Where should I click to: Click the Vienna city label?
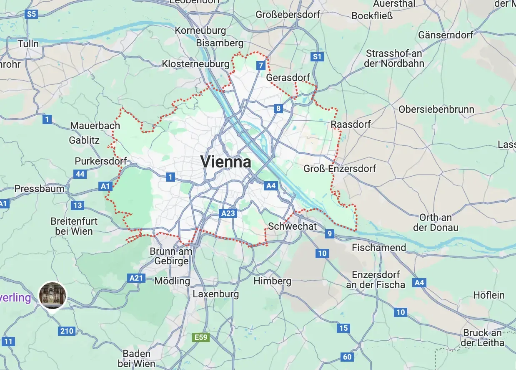coord(226,162)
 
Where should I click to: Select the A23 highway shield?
coord(228,213)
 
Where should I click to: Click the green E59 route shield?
coord(201,337)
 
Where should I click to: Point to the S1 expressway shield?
coord(318,57)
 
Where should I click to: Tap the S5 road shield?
coord(31,14)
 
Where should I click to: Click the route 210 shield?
coord(67,331)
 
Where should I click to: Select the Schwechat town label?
coord(293,226)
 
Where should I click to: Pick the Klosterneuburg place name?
coord(195,64)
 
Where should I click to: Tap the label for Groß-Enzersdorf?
coord(340,168)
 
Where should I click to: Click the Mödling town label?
coord(172,281)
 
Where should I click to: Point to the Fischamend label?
coord(379,248)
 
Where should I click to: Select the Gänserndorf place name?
coord(446,35)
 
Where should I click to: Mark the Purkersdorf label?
coord(100,161)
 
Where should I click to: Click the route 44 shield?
coord(80,174)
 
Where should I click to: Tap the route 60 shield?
coord(347,357)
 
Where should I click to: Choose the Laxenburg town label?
coord(216,294)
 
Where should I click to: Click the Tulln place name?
coord(28,43)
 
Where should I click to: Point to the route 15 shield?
coord(343,328)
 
